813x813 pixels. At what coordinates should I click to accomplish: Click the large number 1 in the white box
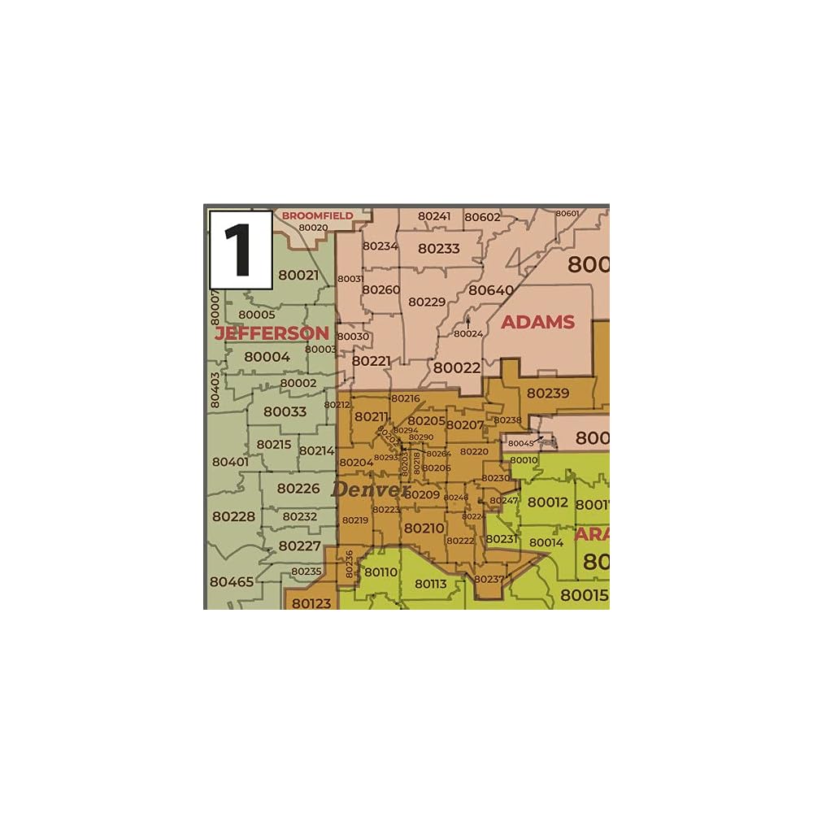(x=240, y=250)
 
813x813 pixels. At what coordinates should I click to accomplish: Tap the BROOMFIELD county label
(x=317, y=215)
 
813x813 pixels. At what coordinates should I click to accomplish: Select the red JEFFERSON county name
(x=272, y=333)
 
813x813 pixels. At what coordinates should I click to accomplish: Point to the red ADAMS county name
(x=537, y=322)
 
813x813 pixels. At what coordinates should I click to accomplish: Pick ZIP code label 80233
(x=439, y=249)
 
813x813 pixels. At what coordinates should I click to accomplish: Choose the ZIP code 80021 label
(x=298, y=275)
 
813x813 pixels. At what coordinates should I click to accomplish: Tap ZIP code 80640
(x=491, y=290)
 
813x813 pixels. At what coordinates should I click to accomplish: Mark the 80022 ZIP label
(x=456, y=367)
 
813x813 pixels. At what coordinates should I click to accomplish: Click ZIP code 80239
(x=548, y=393)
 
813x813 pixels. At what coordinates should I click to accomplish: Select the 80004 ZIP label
(x=267, y=356)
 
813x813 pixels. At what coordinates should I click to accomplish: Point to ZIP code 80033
(x=285, y=411)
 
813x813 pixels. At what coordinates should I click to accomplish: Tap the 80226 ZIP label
(x=298, y=489)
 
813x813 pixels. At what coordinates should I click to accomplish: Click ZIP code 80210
(x=424, y=528)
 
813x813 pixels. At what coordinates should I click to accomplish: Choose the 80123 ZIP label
(x=311, y=603)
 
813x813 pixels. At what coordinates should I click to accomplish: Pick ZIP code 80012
(x=548, y=502)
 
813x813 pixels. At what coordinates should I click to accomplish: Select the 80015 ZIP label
(x=585, y=595)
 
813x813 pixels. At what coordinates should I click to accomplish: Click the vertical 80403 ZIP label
(x=215, y=390)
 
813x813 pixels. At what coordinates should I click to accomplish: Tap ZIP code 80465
(x=232, y=582)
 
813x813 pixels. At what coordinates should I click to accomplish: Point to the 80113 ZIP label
(x=431, y=583)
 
